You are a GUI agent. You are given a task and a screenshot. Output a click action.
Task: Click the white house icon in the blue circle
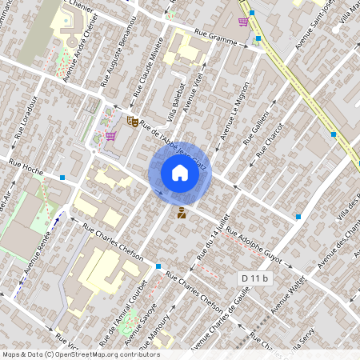[180, 172]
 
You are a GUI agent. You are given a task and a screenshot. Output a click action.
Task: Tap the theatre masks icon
[132, 121]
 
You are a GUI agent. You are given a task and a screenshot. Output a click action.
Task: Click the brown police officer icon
[182, 212]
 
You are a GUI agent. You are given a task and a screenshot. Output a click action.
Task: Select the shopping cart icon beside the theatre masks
[110, 136]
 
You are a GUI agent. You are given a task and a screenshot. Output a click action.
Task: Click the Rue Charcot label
[270, 138]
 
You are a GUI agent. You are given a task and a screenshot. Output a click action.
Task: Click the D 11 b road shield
[256, 278]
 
